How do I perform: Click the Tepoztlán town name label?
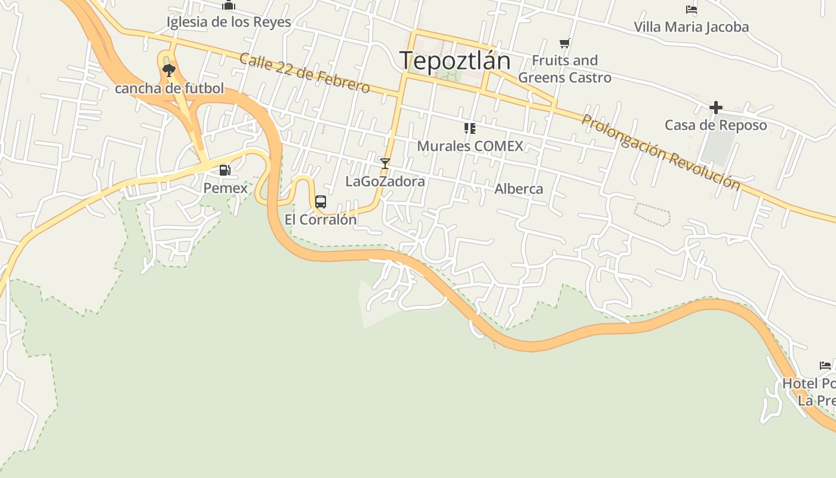coord(455,61)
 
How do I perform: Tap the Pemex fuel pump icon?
coord(225,170)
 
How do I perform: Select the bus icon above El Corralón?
coord(321,201)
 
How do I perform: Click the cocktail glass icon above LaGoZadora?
coord(385,163)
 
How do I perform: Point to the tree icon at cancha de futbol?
coord(169,71)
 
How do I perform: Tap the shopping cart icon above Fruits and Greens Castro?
coord(565,43)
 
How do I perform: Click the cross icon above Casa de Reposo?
coord(716,108)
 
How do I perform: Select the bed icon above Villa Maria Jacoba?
coord(691,10)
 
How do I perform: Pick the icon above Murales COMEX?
coord(470,128)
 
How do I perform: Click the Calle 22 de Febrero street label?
coord(305,73)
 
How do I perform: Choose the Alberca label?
coord(519,189)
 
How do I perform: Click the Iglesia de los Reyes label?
coord(229,22)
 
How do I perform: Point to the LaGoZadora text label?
coord(385,181)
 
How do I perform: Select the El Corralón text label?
coord(321,219)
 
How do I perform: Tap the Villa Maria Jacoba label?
coord(691,27)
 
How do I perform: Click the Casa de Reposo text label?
coord(716,125)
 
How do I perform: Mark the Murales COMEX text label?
coord(470,146)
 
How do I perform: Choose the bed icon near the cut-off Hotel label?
coord(825,366)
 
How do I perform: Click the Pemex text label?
coord(225,188)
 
